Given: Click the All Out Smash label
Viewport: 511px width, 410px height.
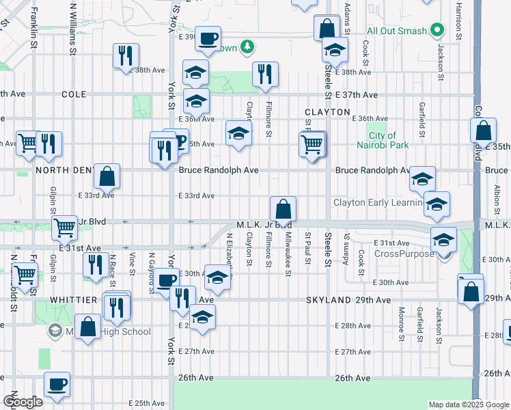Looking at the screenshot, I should (396, 31).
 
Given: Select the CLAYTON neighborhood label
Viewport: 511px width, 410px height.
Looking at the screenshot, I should (327, 111).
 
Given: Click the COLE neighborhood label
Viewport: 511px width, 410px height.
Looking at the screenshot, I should (73, 94).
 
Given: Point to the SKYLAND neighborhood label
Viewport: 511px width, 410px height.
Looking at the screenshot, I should (328, 301).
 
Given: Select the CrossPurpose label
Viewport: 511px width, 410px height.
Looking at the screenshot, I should (404, 254).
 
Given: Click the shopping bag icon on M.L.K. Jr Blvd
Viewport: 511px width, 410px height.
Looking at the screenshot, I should (283, 208).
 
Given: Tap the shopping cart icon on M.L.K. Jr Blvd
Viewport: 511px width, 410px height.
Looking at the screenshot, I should (64, 228).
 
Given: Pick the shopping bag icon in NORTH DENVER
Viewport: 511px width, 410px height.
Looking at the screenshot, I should (107, 177).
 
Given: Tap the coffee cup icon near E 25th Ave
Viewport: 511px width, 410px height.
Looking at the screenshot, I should (57, 384).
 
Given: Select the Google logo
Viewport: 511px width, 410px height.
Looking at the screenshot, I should (23, 402).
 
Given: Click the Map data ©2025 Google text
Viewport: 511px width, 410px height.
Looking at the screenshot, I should (467, 405).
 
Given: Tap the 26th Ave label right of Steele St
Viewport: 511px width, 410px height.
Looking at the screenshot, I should (353, 378).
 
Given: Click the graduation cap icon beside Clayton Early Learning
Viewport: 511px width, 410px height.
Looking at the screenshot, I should (437, 204).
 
